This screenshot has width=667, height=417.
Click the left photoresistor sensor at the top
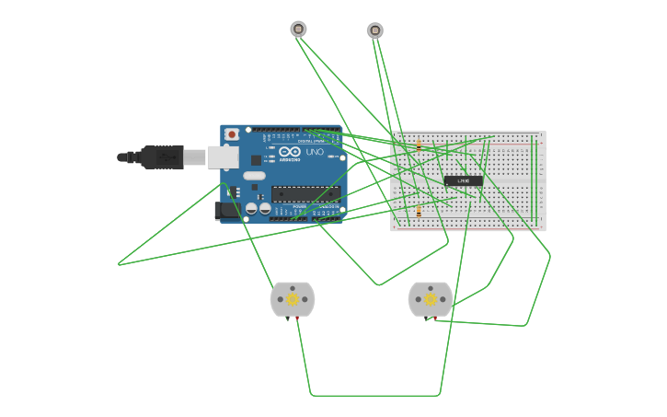pos(298,29)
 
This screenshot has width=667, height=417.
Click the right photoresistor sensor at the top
pos(374,30)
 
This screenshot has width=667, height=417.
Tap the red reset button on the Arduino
pos(232,134)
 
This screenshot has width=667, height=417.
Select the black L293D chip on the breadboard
pos(464,180)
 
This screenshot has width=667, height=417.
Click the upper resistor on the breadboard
pos(419,145)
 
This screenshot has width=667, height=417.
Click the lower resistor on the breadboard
pos(419,211)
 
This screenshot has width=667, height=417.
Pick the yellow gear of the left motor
pos(293,299)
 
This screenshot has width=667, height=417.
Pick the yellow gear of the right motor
pos(430,299)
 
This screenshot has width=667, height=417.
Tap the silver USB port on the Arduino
pos(223,157)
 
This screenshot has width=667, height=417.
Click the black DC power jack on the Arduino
pos(224,211)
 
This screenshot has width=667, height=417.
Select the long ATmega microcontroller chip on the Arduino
pos(305,193)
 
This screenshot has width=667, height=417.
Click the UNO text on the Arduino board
pos(315,152)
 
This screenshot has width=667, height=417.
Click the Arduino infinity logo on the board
pos(290,152)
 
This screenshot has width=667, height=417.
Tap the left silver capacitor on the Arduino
pos(251,209)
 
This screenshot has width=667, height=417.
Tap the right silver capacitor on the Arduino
pos(265,209)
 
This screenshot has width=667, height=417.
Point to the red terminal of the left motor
pos(297,318)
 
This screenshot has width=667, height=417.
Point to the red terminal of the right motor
pos(434,318)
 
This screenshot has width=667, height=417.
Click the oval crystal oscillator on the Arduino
pos(255,175)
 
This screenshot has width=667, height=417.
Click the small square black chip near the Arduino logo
pos(256,160)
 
